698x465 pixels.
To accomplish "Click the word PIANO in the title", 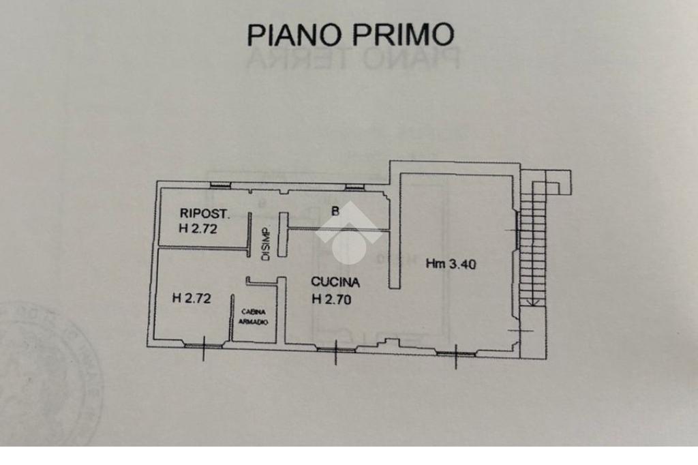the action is click(294, 34).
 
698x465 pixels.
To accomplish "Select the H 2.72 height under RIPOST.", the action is click(198, 229).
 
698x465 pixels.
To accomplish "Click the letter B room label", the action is click(335, 211).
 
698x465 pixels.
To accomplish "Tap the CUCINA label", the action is click(335, 282).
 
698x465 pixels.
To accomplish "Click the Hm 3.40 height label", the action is click(451, 263).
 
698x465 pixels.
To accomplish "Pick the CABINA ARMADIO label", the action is click(254, 316).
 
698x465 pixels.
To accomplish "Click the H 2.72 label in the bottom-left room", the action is click(192, 297).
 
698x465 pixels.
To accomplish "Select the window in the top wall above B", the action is click(354, 186).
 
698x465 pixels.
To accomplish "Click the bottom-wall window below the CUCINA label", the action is click(335, 350).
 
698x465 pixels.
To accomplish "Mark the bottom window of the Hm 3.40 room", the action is click(455, 353).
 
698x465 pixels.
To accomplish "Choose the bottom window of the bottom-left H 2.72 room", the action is click(203, 346).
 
